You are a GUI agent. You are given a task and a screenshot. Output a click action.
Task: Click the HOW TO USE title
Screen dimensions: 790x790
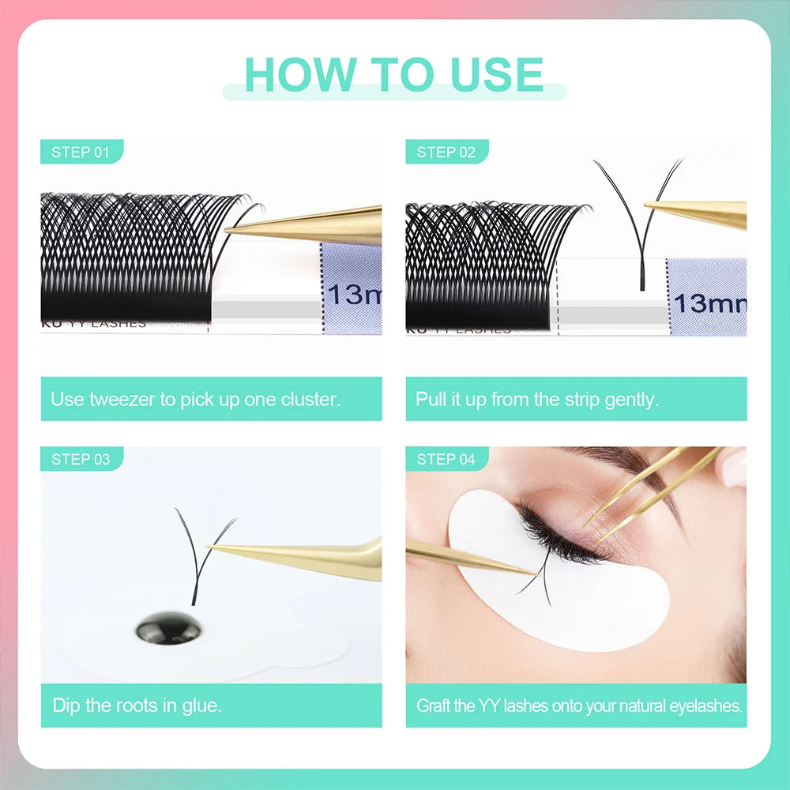coord(393,74)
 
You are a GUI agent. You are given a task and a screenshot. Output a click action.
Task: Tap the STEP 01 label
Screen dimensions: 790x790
coord(80,152)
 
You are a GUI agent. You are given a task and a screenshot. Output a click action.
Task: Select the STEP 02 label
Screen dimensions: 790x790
coord(446,152)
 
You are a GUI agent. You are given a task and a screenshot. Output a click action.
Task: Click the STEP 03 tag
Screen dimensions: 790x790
coord(80,459)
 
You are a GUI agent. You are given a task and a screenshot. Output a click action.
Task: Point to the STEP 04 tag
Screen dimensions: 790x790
coord(446,459)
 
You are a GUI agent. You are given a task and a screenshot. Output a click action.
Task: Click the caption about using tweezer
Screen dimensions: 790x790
coord(195,399)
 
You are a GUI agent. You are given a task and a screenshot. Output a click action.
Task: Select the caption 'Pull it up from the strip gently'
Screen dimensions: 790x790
coord(537,399)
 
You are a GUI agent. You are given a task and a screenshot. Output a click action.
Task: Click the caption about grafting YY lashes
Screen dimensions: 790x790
coord(579,705)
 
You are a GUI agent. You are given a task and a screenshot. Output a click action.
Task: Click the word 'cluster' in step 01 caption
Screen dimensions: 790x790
coord(310,399)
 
